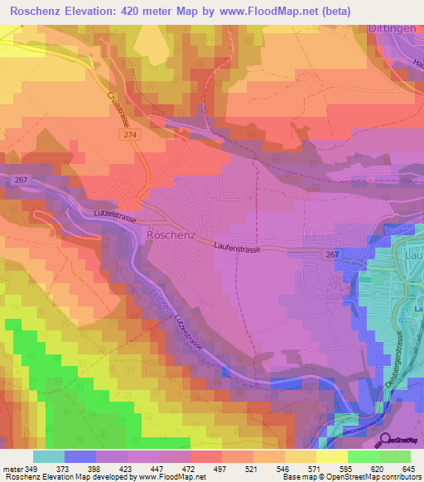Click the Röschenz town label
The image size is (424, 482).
[x=171, y=234]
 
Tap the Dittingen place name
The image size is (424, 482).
[x=393, y=28]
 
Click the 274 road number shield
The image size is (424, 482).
[x=135, y=133]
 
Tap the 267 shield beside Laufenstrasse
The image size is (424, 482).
[x=332, y=256]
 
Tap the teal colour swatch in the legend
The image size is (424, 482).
[x=48, y=456]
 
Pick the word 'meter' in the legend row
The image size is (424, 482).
[x=12, y=468]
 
